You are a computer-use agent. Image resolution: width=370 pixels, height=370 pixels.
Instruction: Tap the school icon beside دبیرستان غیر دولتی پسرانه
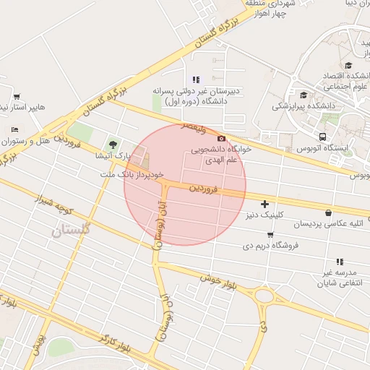point(195,79)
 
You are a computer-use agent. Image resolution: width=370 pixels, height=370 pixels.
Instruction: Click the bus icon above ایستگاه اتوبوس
point(322,136)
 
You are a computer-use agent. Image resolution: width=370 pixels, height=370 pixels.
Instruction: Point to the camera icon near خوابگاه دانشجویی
point(221,138)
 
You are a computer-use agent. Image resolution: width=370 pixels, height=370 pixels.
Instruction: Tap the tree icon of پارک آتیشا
point(112,143)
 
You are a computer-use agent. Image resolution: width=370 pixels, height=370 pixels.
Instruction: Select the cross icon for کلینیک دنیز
point(264,205)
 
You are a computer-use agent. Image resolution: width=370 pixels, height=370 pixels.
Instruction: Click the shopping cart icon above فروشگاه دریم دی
point(270,235)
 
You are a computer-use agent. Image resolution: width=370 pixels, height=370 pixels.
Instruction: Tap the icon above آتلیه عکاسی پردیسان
point(330,213)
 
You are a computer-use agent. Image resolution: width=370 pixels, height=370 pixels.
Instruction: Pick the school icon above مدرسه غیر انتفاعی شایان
point(339,262)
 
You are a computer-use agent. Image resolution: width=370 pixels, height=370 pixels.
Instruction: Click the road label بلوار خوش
point(220,278)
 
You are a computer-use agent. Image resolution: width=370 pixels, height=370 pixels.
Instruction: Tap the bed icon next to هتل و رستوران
point(15,129)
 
